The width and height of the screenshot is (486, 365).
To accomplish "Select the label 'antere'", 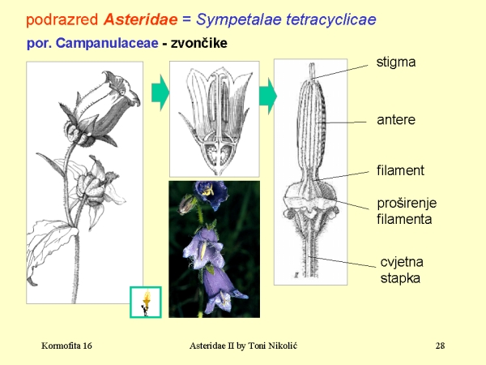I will pos(396,120).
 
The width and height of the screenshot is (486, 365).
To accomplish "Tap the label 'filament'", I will pos(400,170).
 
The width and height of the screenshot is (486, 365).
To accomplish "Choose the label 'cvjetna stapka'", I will pos(400,270).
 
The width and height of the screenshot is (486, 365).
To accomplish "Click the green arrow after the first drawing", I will pos(160,93).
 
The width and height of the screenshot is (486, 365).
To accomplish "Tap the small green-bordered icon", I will pos(146,302).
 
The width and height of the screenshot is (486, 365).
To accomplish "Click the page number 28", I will pos(441,346).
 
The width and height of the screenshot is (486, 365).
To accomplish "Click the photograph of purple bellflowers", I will pos(214,249).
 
